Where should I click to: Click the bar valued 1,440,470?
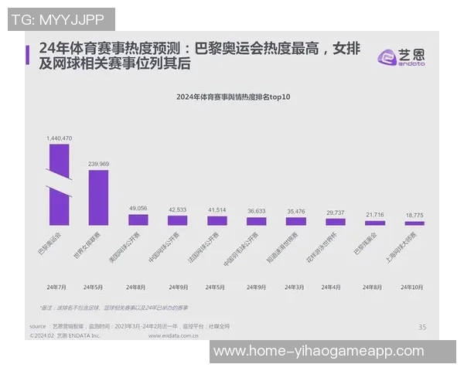[59, 185]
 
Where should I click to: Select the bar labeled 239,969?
[98, 197]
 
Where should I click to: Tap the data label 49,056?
[138, 208]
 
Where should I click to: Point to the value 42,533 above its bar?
[177, 209]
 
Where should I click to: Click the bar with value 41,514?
[217, 220]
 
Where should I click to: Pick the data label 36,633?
[257, 210]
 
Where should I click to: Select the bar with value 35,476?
[296, 221]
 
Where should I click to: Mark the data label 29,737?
[336, 212]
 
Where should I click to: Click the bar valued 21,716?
[375, 222]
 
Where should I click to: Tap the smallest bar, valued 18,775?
[415, 223]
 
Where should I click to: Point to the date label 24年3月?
[296, 287]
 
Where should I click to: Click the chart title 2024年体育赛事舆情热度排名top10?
[237, 97]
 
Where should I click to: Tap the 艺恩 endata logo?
[401, 56]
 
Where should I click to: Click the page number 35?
[421, 327]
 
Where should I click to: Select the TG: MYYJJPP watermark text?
[61, 19]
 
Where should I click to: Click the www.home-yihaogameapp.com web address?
[319, 352]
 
